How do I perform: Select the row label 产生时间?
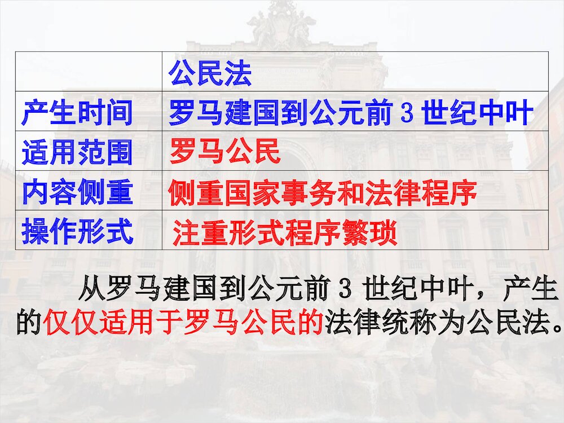77,114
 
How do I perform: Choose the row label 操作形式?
77,232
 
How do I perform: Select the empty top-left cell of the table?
89,71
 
